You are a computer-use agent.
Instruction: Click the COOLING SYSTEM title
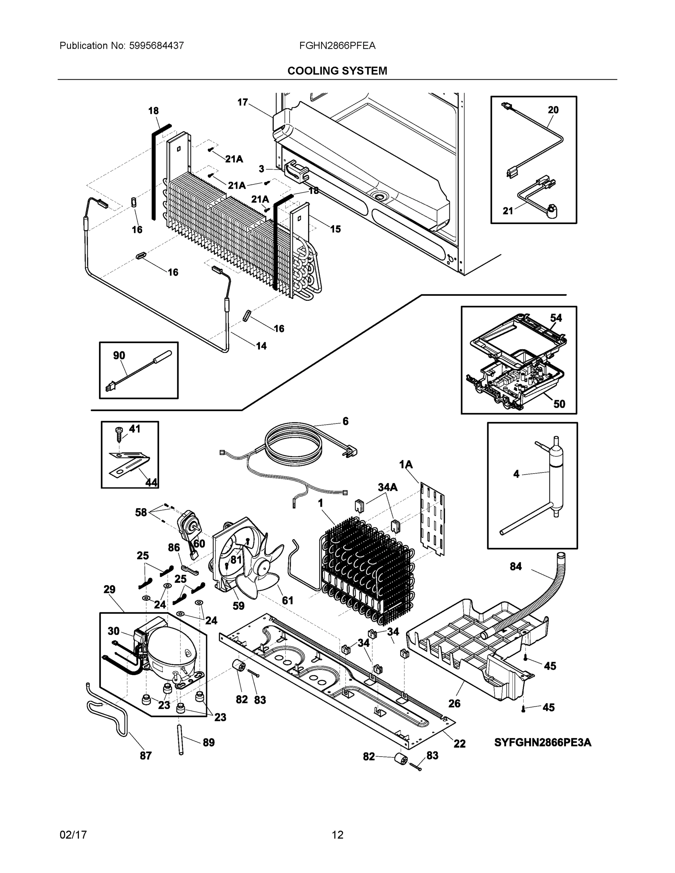[x=337, y=71]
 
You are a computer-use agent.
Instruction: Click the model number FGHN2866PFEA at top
[x=337, y=45]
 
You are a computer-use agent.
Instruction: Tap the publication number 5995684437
[x=156, y=45]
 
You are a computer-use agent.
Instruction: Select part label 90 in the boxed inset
[x=119, y=355]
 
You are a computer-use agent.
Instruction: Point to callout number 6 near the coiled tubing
[x=345, y=421]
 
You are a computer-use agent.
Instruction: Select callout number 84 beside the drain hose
[x=516, y=566]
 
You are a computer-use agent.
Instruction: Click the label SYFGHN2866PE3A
[x=543, y=743]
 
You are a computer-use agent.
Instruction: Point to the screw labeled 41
[x=119, y=433]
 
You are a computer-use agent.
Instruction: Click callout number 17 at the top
[x=242, y=102]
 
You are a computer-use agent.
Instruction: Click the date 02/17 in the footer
[x=73, y=835]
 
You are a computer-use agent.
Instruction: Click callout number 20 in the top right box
[x=553, y=110]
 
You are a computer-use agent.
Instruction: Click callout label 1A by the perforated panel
[x=406, y=465]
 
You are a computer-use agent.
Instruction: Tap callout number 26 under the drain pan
[x=454, y=703]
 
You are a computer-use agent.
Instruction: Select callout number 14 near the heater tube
[x=261, y=346]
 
